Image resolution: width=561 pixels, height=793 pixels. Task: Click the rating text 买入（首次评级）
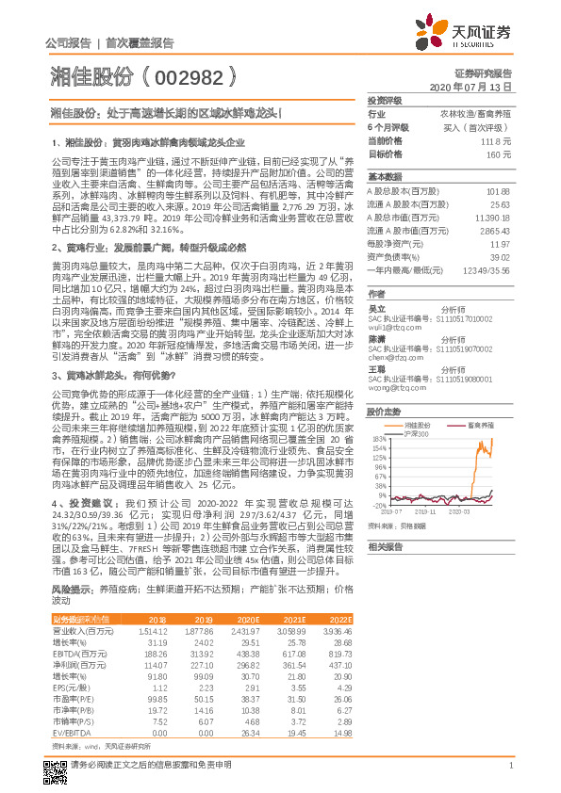pos(483,126)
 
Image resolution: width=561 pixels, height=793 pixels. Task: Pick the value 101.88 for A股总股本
pos(498,190)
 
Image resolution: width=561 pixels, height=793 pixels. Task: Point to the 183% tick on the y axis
pos(378,439)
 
